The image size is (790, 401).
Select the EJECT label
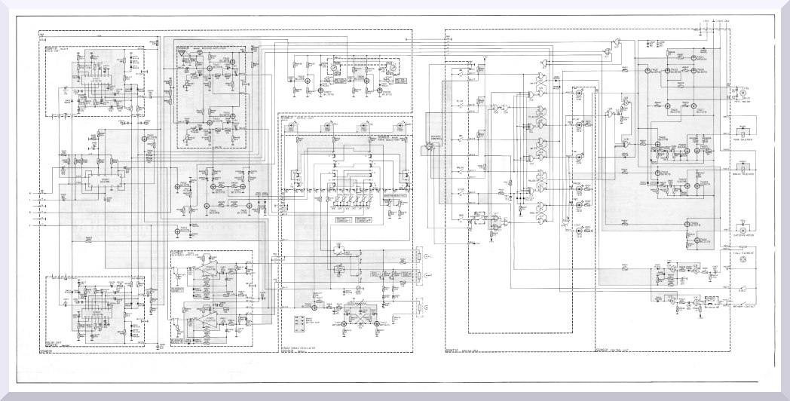743,289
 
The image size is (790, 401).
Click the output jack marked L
421,256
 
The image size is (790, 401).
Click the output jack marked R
421,308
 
